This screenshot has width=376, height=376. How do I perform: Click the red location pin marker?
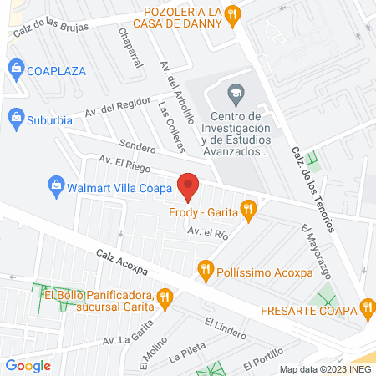tap(189, 186)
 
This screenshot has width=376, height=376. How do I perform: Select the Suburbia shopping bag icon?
tap(14, 118)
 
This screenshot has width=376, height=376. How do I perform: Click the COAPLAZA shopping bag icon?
tap(14, 70)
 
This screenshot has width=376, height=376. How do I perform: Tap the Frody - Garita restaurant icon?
tap(249, 211)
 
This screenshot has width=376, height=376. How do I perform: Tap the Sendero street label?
tap(138, 148)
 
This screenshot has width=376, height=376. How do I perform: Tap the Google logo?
tap(28, 365)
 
